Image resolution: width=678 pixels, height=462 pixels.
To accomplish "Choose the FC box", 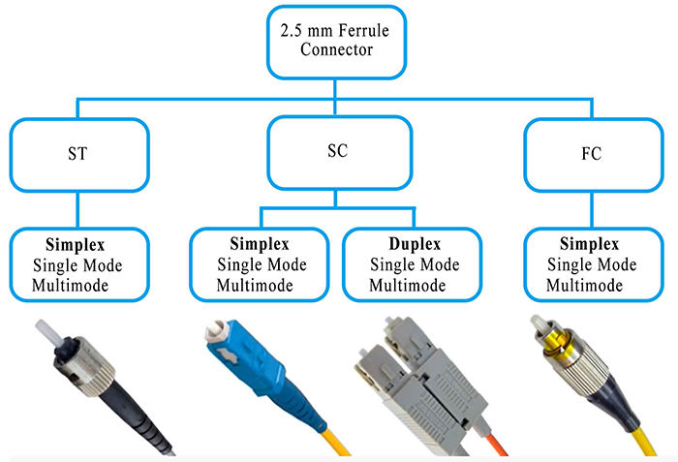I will pos(592,153).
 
